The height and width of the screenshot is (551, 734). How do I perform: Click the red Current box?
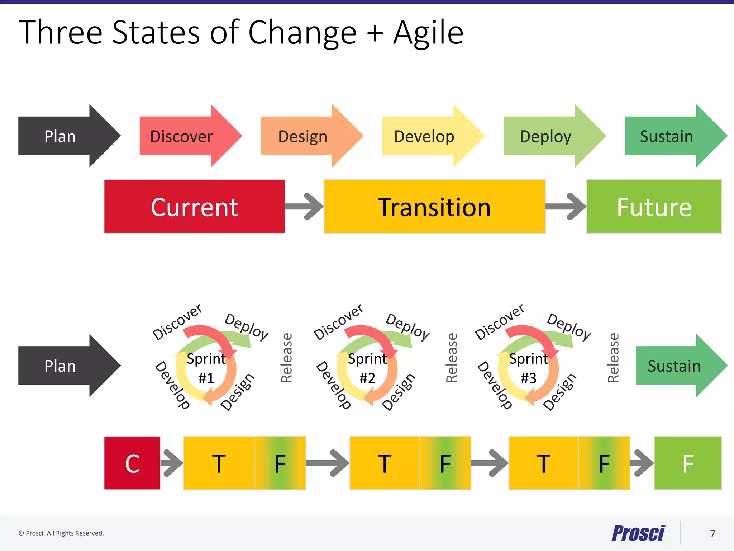(x=194, y=207)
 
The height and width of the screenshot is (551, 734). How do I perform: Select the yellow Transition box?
(x=434, y=207)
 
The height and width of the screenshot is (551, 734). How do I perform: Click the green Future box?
(x=654, y=207)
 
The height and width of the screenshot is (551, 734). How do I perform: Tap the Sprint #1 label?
(x=206, y=368)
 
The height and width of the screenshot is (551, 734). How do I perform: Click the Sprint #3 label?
(x=529, y=368)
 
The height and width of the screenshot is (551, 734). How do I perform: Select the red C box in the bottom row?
(x=132, y=463)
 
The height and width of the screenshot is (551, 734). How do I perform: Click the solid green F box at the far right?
(x=688, y=463)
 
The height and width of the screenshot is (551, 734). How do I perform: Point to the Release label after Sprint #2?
(x=452, y=358)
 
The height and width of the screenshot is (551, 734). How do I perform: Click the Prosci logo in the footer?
(x=638, y=533)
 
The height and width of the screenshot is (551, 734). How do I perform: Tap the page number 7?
(x=712, y=533)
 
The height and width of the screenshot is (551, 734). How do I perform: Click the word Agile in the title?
(x=428, y=33)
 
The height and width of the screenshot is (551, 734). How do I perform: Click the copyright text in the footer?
(x=61, y=533)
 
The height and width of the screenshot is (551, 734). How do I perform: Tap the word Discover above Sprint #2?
(x=338, y=322)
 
